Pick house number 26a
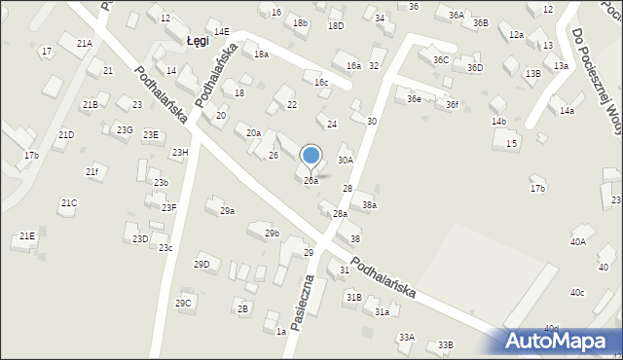pyautogui.click(x=311, y=181)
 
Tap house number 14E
pyautogui.click(x=222, y=32)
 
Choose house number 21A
pyautogui.click(x=85, y=44)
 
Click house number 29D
pyautogui.click(x=202, y=265)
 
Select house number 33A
pyautogui.click(x=406, y=337)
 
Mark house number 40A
pyautogui.click(x=578, y=241)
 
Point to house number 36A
pyautogui.click(x=457, y=16)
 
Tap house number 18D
pyautogui.click(x=336, y=25)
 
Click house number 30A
pyautogui.click(x=345, y=160)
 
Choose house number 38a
pyautogui.click(x=369, y=205)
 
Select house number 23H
pyautogui.click(x=180, y=152)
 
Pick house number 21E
pyautogui.click(x=27, y=236)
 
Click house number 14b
pyautogui.click(x=498, y=122)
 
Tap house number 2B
pyautogui.click(x=242, y=308)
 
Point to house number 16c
pyautogui.click(x=321, y=83)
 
